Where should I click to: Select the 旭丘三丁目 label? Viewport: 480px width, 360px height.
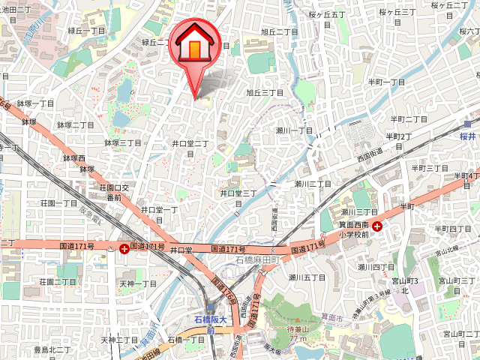[265, 93]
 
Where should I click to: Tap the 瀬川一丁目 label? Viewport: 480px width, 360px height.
[294, 130]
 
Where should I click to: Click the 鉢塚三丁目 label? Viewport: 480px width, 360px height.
[123, 142]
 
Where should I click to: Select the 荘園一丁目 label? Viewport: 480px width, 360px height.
[58, 203]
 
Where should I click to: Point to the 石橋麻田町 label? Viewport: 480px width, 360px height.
[257, 259]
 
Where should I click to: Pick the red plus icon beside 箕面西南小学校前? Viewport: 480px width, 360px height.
[377, 226]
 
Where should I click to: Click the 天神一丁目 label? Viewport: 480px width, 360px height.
[139, 284]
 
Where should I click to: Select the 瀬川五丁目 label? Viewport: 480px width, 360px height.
[307, 277]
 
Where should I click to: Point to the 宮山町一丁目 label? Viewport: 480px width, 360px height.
[458, 334]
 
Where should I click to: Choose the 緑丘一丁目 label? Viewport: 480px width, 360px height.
[86, 31]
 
